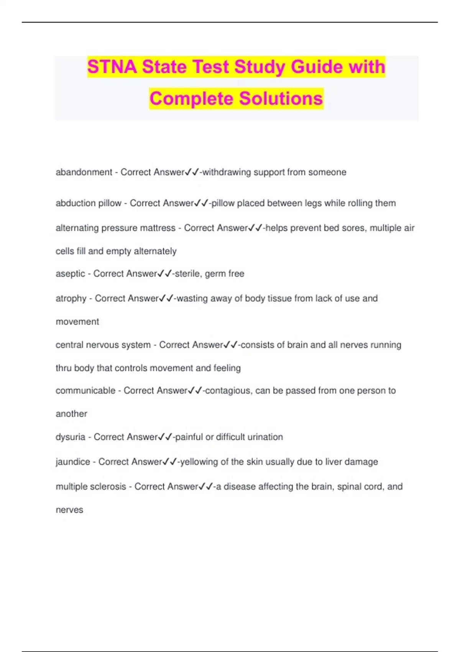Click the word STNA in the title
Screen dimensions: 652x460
(112, 67)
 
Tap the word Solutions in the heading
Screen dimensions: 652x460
(281, 99)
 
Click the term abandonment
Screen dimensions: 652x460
(84, 172)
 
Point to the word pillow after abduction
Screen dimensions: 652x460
(110, 203)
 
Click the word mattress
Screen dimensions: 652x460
(157, 228)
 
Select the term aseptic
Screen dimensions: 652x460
(71, 274)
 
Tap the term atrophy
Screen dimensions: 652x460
(71, 298)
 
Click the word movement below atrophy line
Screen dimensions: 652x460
(77, 322)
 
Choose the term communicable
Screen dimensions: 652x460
(85, 390)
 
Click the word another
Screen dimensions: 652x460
(71, 414)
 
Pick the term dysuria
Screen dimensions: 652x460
(71, 437)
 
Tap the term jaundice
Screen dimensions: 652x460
(73, 462)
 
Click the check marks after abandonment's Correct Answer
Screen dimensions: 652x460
(192, 172)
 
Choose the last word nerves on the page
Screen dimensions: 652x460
(69, 510)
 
